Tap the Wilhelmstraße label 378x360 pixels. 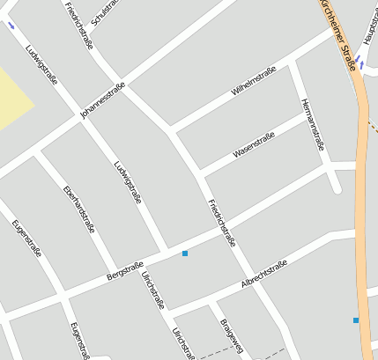[x=254, y=81]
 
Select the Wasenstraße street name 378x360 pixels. [x=254, y=144]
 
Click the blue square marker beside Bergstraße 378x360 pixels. [x=185, y=253]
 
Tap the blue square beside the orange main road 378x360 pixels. [x=356, y=320]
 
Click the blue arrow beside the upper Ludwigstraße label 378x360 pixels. [x=11, y=26]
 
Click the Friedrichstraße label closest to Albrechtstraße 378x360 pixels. [x=221, y=224]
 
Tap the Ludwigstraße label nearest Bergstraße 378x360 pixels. [x=128, y=181]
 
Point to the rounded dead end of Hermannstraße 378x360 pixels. [x=336, y=187]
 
